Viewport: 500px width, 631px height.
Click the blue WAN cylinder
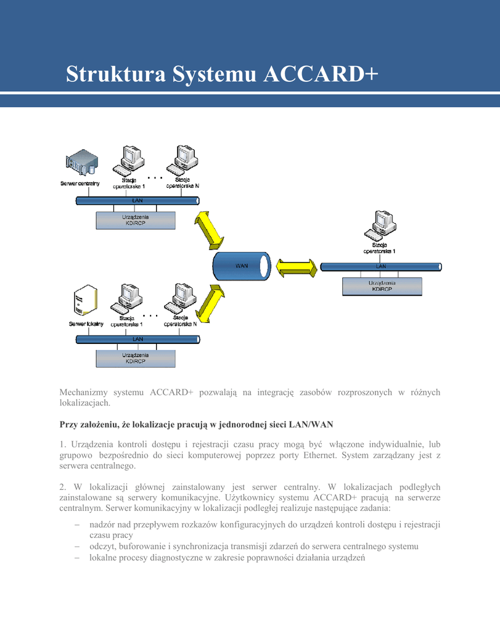point(242,266)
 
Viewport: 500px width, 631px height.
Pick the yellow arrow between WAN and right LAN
point(297,267)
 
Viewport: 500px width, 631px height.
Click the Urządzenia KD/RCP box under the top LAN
point(136,220)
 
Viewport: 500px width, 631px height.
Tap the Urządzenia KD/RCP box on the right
point(382,287)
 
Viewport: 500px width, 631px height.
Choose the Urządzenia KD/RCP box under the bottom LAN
point(136,359)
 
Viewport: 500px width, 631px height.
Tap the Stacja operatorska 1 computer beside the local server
point(126,299)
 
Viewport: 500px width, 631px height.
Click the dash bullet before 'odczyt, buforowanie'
point(77,547)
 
